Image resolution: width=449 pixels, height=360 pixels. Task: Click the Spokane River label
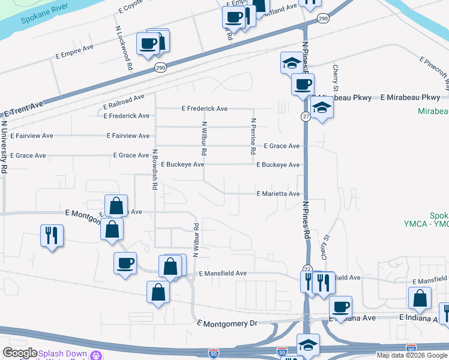pos(43,19)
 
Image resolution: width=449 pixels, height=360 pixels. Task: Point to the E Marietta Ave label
pos(278,194)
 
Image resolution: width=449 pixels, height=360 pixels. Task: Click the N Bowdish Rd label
pos(154,170)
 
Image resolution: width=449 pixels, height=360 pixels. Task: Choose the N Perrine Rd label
pos(253,137)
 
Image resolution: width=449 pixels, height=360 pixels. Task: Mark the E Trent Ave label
pos(24,109)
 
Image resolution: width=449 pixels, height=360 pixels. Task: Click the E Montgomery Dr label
pos(227,323)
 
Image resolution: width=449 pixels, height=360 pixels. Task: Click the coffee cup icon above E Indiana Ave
pos(341,307)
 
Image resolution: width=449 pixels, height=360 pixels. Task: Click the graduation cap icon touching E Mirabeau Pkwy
pos(322,107)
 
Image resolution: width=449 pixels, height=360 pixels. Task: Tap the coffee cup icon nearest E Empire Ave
pos(148,43)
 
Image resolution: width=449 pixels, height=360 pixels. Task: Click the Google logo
pos(20,353)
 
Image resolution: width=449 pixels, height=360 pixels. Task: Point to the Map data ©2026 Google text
pos(412,355)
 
